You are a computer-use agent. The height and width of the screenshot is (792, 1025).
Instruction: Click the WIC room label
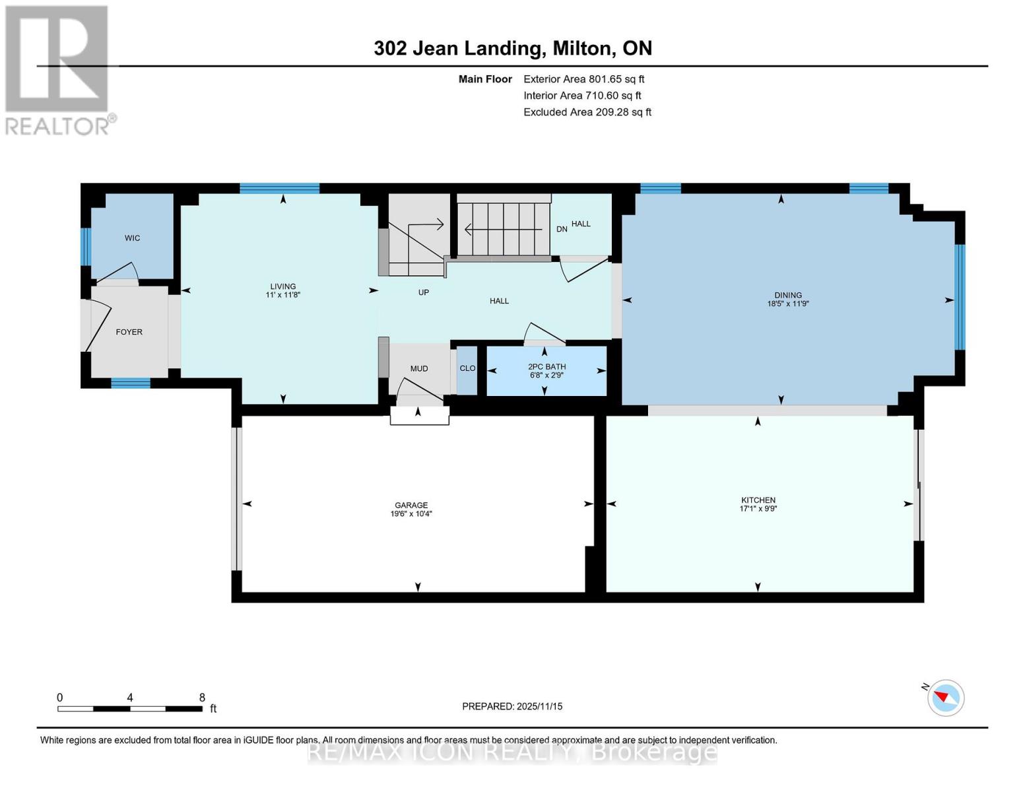(132, 238)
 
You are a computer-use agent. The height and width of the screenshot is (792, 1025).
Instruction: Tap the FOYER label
(129, 332)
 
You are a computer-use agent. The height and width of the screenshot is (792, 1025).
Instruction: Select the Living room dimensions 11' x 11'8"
(282, 296)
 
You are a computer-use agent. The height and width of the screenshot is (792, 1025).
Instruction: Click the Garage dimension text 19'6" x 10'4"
(411, 514)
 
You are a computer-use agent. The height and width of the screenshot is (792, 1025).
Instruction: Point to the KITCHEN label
(758, 500)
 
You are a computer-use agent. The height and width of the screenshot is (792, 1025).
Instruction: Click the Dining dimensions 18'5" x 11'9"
(788, 304)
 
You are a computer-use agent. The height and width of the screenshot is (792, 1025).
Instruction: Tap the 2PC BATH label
(546, 367)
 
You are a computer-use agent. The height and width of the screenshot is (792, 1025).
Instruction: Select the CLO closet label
(467, 368)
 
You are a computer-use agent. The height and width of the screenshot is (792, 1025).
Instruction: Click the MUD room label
(419, 368)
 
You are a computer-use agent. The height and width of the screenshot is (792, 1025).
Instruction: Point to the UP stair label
(424, 292)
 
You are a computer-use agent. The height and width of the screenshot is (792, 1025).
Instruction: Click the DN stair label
(562, 229)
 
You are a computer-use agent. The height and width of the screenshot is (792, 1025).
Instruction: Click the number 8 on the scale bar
(202, 698)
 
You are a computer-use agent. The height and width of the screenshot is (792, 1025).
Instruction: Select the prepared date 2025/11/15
(512, 706)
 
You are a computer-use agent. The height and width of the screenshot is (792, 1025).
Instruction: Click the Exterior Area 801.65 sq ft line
(583, 79)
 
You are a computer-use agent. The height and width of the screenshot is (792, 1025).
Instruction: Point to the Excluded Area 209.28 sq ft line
(587, 112)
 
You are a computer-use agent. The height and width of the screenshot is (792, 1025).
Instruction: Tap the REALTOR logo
(57, 69)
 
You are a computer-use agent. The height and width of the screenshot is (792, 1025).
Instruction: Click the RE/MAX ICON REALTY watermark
(512, 752)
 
